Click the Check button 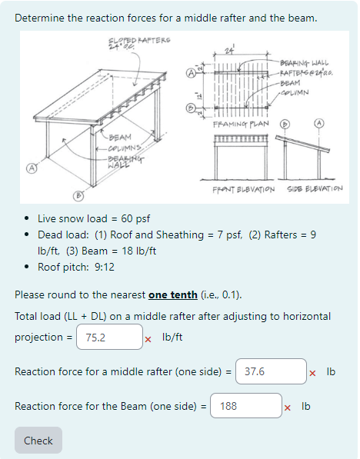tap(38, 441)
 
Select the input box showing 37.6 tap(271, 371)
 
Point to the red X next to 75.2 tap(148, 338)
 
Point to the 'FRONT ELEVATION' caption tap(242, 188)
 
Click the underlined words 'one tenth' tap(172, 295)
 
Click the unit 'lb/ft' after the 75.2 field tap(172, 337)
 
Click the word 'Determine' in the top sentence tap(40, 17)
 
